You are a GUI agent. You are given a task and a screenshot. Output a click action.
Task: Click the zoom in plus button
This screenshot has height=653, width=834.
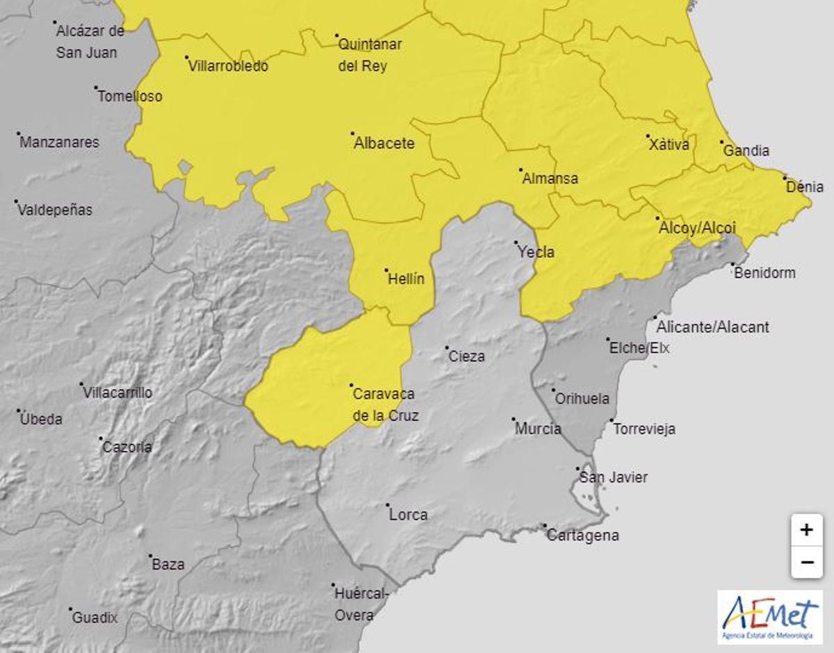click(x=806, y=531)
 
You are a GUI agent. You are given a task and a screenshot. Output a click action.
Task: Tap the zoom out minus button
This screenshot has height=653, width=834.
click(x=806, y=562)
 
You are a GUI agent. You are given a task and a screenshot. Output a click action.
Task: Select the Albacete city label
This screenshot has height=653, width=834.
click(x=384, y=144)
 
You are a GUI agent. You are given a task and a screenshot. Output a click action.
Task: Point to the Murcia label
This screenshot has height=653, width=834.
click(x=538, y=429)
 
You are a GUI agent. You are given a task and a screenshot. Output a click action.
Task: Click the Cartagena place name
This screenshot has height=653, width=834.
click(x=582, y=536)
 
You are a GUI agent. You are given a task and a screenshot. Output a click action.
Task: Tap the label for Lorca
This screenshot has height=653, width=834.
click(x=409, y=515)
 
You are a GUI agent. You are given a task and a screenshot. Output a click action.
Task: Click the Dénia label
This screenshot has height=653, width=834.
click(x=806, y=187)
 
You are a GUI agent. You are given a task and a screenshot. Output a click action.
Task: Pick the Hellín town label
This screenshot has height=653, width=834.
click(x=405, y=279)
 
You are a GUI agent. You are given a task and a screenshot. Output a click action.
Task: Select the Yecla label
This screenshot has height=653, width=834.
click(x=537, y=252)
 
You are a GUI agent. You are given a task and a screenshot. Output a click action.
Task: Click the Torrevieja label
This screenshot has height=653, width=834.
click(x=644, y=429)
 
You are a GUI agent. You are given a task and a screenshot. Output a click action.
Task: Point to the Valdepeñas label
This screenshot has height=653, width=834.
click(x=56, y=210)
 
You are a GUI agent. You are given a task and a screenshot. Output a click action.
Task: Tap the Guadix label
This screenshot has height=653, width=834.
click(x=95, y=618)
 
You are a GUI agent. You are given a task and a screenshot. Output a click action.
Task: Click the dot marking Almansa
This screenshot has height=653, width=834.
click(x=521, y=170)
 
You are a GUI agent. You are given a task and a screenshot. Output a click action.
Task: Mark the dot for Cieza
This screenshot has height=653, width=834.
click(x=448, y=349)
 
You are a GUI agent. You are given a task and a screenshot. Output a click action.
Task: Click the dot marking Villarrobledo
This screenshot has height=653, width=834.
click(x=187, y=58)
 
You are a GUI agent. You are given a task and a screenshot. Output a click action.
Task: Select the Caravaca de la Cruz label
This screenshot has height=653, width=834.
click(x=384, y=405)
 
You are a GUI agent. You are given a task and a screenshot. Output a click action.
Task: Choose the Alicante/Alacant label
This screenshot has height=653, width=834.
click(x=713, y=327)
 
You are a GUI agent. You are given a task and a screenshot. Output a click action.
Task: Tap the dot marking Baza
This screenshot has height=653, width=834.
click(x=150, y=556)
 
